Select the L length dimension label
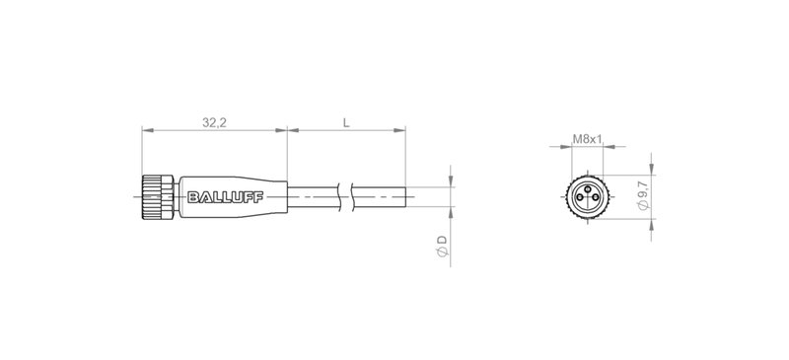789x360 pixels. [345, 123]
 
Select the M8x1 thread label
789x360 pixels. [588, 140]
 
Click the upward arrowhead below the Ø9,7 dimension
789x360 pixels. [654, 222]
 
